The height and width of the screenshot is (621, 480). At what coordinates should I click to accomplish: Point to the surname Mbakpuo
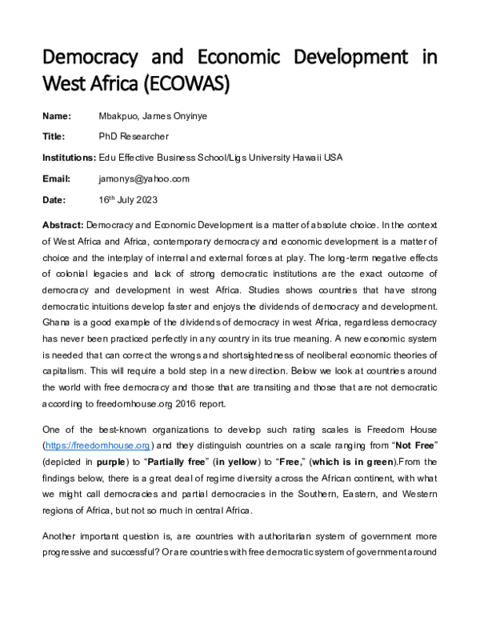(x=123, y=116)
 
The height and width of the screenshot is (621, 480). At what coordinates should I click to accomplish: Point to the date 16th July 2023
(x=129, y=199)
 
